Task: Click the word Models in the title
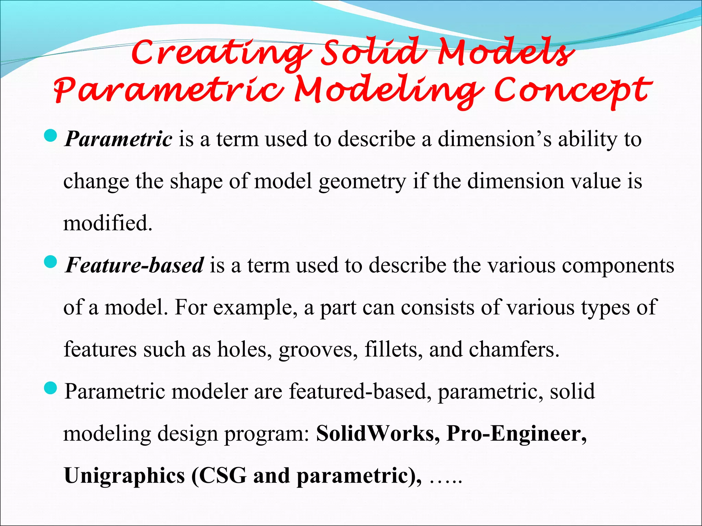tap(506, 52)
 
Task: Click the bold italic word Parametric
tap(119, 139)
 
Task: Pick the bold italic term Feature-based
tap(135, 265)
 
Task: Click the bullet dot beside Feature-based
tap(50, 263)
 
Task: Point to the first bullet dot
tap(50, 137)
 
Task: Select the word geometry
tap(362, 181)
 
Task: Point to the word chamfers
tap(514, 349)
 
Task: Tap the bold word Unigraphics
tap(124, 476)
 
